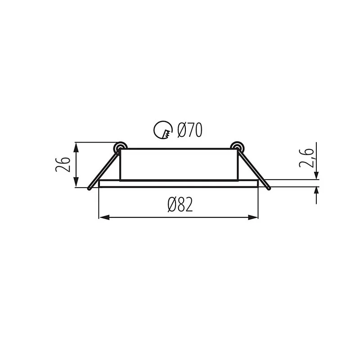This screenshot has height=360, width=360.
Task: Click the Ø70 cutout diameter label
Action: [189, 130]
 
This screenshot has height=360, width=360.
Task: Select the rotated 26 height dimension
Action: [63, 165]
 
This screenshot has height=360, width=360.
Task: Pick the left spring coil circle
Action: [120, 147]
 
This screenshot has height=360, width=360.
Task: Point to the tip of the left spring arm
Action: [90, 188]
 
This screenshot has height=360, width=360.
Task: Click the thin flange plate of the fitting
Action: [179, 184]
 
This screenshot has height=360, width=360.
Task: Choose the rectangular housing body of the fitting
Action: [179, 164]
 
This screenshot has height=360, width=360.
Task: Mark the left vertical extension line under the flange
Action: [99, 202]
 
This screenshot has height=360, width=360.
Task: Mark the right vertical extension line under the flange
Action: [259, 202]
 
